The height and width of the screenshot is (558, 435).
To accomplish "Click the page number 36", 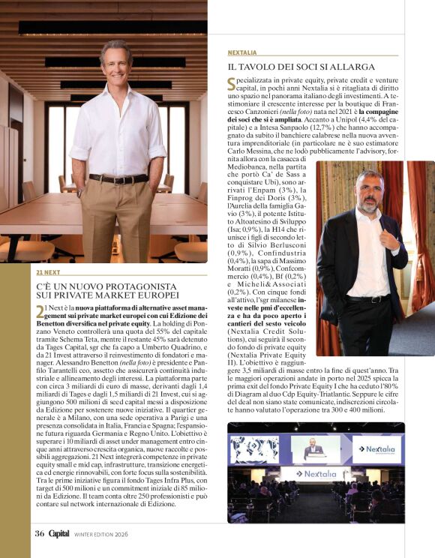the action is (x=38, y=533).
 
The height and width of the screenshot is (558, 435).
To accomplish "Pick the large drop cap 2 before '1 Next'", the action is (x=40, y=313).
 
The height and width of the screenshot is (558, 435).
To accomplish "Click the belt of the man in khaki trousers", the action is (x=118, y=178).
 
